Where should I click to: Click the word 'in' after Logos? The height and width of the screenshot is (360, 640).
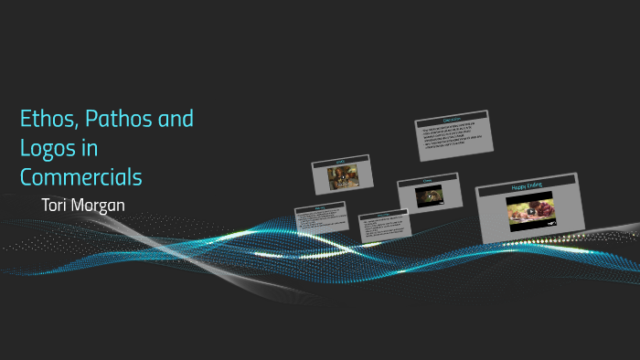91,147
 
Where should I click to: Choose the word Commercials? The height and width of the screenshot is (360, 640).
81,175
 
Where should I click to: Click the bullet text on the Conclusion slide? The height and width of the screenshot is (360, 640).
454,138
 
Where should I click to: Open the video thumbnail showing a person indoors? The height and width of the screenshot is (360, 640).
342,176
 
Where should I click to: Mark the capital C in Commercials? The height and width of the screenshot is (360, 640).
27,175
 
